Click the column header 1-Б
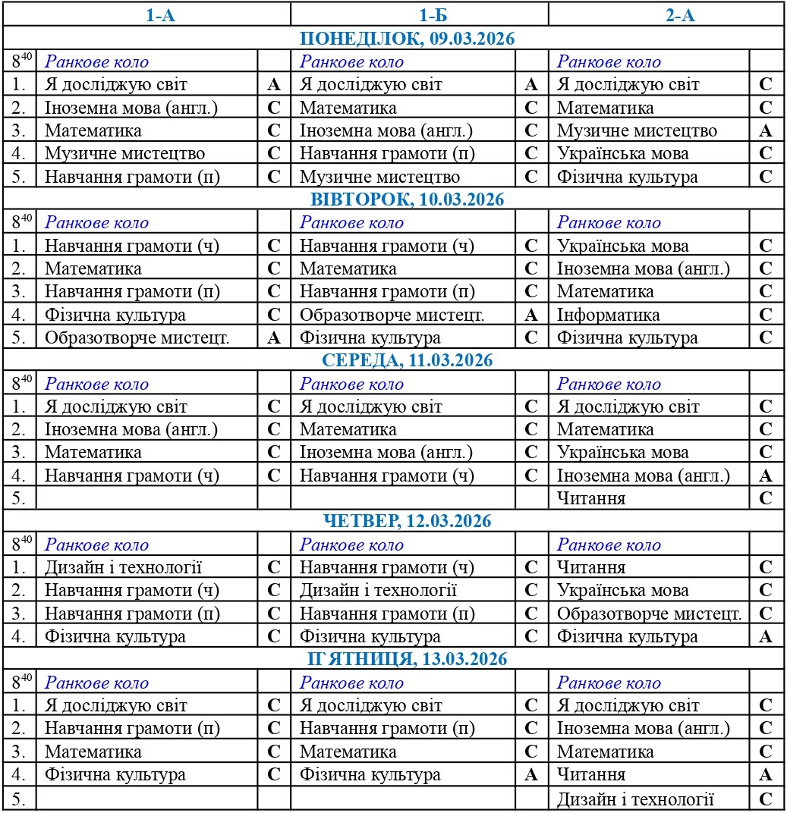pyautogui.click(x=420, y=14)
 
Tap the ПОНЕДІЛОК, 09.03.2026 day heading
pyautogui.click(x=393, y=39)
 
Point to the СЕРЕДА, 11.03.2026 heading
pyautogui.click(x=393, y=360)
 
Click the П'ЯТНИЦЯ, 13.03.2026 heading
pyautogui.click(x=393, y=659)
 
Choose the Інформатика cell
pyautogui.click(x=609, y=315)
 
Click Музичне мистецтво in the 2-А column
pyautogui.click(x=637, y=130)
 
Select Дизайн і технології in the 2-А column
pyautogui.click(x=636, y=799)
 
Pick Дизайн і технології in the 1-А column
pyautogui.click(x=124, y=567)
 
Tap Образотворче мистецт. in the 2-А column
pyautogui.click(x=649, y=614)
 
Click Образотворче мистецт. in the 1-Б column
pyautogui.click(x=392, y=315)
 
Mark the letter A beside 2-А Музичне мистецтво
pyautogui.click(x=766, y=130)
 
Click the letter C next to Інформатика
pyautogui.click(x=766, y=315)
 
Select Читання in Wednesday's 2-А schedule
pyautogui.click(x=591, y=498)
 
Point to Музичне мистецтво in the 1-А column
pyautogui.click(x=124, y=154)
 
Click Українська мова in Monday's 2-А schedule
pyautogui.click(x=622, y=154)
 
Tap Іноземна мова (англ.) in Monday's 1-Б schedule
pyautogui.click(x=386, y=130)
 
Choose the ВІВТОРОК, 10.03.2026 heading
pyautogui.click(x=393, y=199)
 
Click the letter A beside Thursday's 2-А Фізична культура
pyautogui.click(x=766, y=636)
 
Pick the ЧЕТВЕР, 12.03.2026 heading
pyautogui.click(x=393, y=521)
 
